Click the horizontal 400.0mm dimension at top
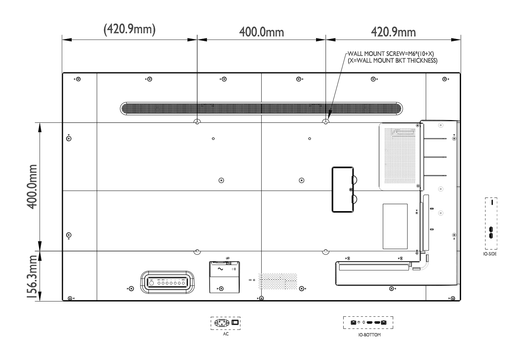coord(261,32)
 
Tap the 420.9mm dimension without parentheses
coord(393,32)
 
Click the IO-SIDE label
coord(490,254)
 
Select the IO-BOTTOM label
coord(367,335)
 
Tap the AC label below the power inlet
coord(226,334)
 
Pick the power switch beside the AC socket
coord(235,323)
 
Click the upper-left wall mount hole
coord(197,122)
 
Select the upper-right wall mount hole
coord(325,122)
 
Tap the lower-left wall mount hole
coord(197,251)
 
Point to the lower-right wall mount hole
coord(325,251)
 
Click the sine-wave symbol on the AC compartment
coord(218,269)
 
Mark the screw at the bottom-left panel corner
coord(69,298)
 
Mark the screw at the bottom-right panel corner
coord(453,298)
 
